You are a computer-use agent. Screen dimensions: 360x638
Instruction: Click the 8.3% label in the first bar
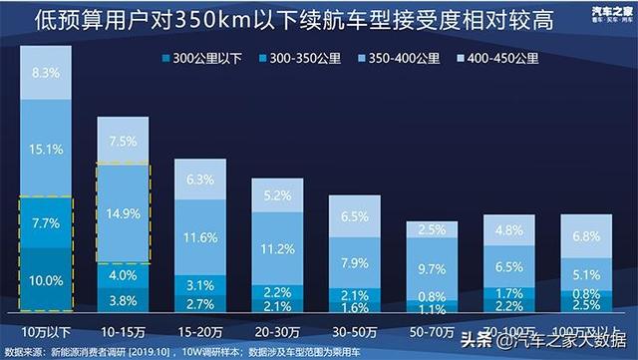click(x=47, y=73)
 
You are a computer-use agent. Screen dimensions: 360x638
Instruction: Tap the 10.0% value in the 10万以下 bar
click(x=47, y=280)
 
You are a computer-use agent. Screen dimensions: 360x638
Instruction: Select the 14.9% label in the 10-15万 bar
click(x=124, y=211)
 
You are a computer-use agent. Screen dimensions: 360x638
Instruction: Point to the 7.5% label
click(x=124, y=141)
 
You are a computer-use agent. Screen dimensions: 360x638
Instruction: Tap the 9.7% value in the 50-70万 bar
click(x=432, y=269)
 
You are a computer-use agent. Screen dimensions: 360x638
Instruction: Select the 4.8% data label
click(x=508, y=231)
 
